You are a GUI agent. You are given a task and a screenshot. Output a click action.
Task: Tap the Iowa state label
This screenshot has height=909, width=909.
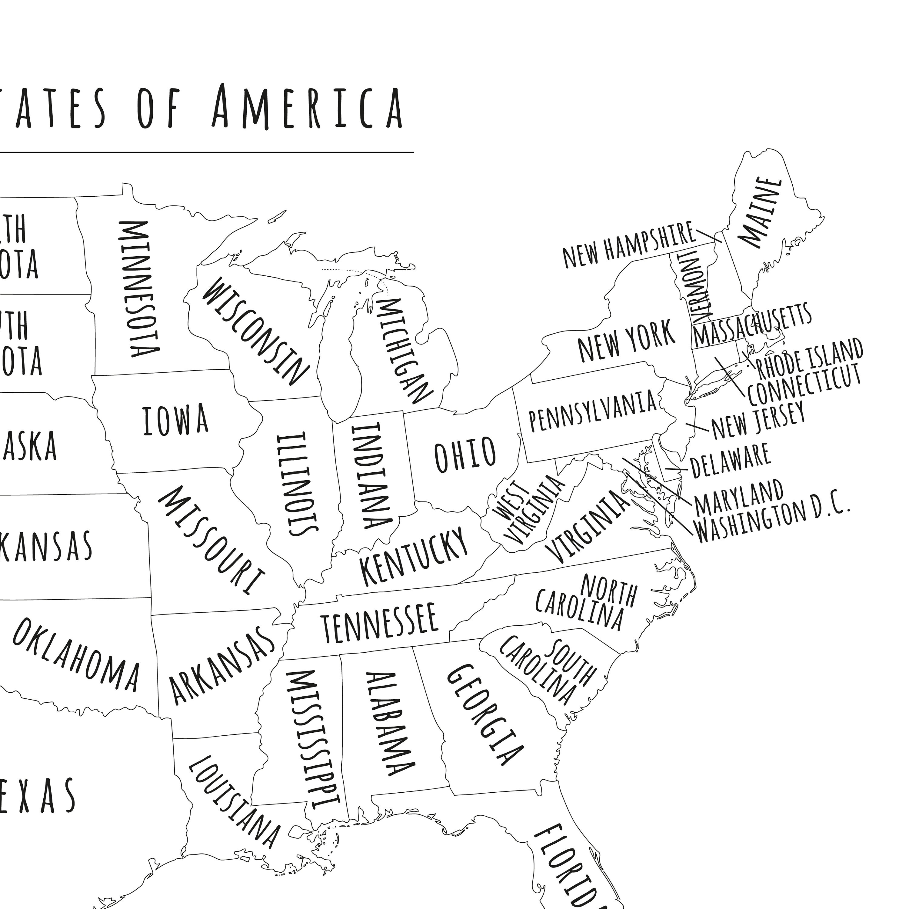point(175,420)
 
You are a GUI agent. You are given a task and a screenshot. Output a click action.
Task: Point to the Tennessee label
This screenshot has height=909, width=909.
point(379,623)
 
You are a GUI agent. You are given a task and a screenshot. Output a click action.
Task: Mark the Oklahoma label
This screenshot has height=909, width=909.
point(76,654)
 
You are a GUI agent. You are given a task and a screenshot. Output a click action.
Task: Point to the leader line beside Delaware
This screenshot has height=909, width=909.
point(673,469)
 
